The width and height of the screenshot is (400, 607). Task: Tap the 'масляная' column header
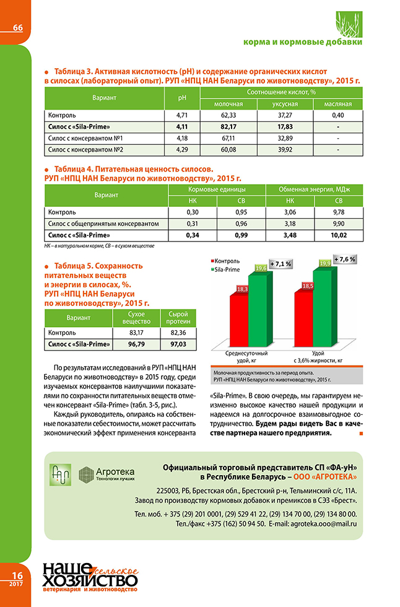click(337, 103)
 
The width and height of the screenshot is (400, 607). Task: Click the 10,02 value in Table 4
click(338, 235)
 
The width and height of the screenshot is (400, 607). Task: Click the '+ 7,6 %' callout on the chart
click(344, 259)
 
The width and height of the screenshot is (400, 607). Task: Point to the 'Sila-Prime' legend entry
click(229, 270)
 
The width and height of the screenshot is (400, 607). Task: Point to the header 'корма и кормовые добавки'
click(303, 42)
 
